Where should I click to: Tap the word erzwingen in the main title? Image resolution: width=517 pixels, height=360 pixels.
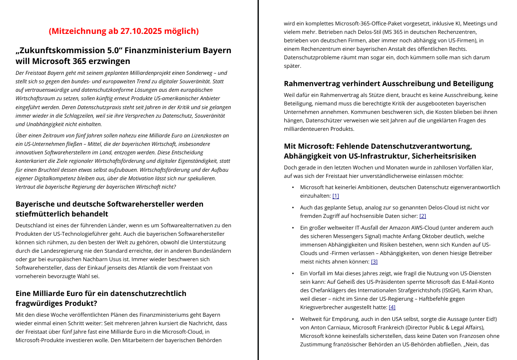(x=110, y=61)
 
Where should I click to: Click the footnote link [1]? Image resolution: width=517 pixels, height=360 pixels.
(x=336, y=196)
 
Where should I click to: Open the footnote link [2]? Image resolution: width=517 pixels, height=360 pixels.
(x=422, y=216)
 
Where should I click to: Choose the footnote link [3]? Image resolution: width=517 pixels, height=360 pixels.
(x=374, y=262)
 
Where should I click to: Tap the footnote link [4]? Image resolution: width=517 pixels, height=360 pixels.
(x=392, y=307)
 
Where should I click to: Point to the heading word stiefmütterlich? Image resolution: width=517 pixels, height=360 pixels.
(x=45, y=214)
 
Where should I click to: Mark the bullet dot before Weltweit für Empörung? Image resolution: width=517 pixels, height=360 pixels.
(x=293, y=319)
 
